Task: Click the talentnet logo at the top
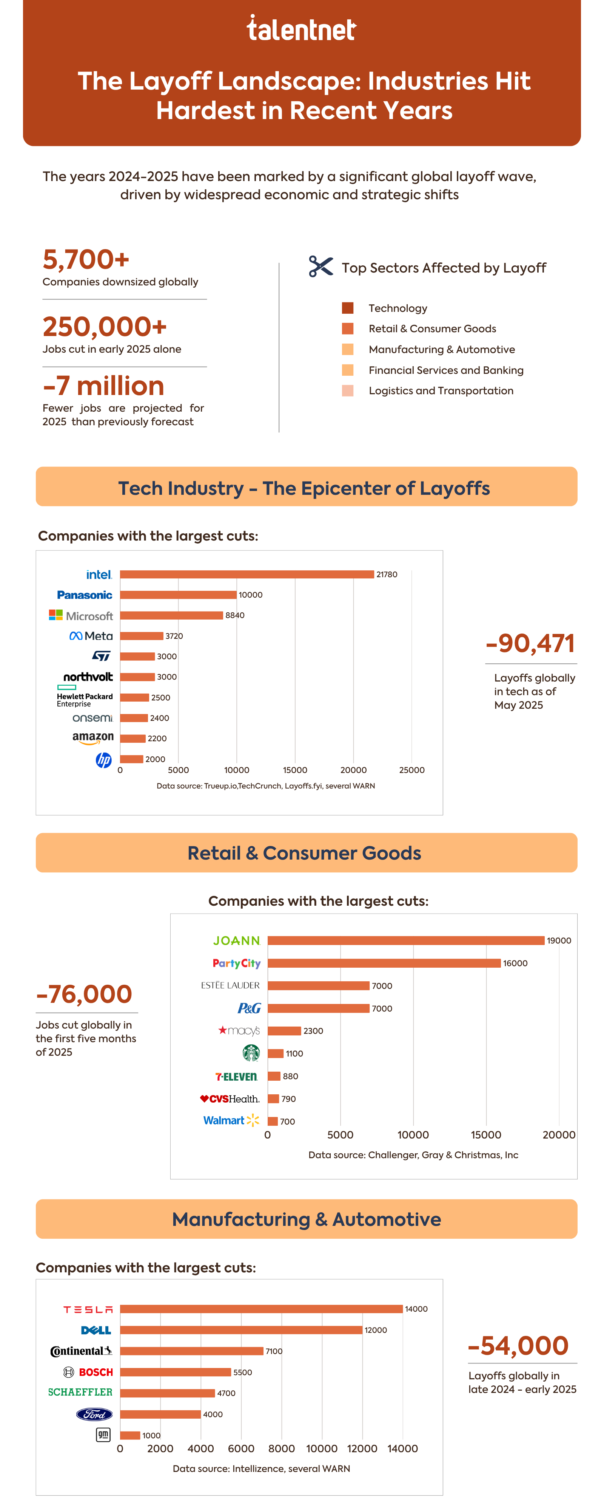(x=301, y=29)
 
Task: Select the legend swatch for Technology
(x=348, y=308)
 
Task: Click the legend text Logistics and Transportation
(x=441, y=391)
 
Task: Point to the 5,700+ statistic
(x=86, y=259)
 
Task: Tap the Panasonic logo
(x=85, y=595)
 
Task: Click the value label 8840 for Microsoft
(x=234, y=615)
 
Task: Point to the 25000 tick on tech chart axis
(x=411, y=770)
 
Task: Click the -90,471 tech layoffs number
(x=530, y=643)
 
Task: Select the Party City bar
(x=384, y=963)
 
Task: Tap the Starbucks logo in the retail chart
(x=251, y=1053)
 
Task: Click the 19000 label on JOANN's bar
(x=559, y=941)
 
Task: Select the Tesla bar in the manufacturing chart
(x=261, y=1309)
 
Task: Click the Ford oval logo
(x=94, y=1414)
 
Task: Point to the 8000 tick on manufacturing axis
(x=282, y=1448)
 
